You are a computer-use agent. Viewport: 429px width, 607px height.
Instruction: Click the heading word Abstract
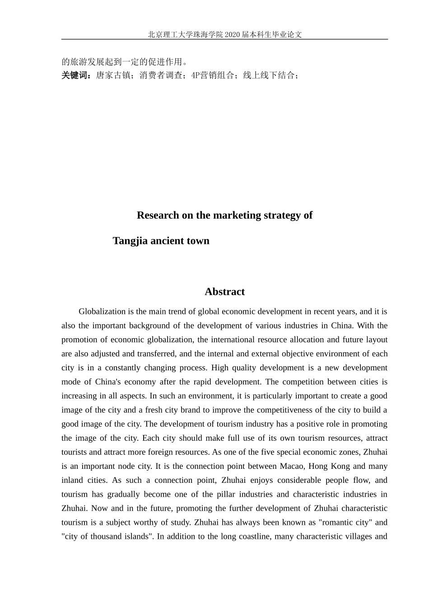224,292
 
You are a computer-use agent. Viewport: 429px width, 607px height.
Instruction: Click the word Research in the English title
158,215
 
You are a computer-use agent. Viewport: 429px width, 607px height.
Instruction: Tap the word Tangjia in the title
130,241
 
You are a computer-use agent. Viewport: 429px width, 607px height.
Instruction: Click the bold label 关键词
76,75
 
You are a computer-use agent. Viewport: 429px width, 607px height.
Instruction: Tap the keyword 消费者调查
161,75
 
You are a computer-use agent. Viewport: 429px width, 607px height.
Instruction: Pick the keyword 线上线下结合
269,75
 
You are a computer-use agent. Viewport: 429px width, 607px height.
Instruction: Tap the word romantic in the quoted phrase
337,523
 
